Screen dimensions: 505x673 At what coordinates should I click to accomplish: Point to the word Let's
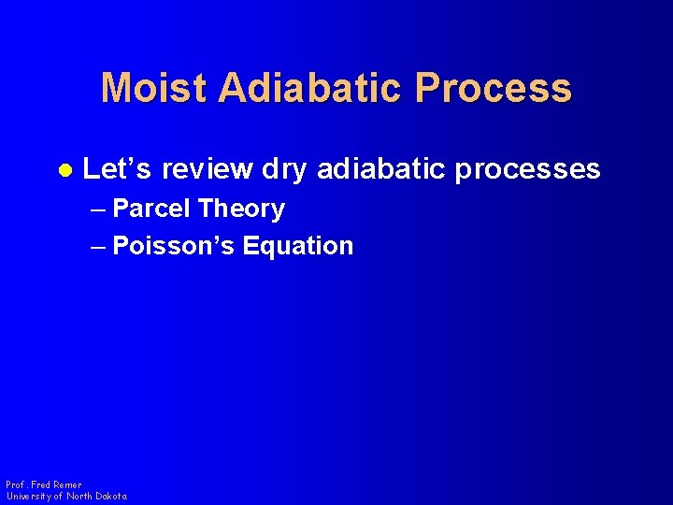tap(118, 169)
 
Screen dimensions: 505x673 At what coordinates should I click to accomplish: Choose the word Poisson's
tap(173, 246)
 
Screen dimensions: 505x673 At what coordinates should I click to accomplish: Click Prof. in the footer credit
tap(16, 484)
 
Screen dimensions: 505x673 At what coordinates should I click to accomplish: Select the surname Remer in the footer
tap(68, 484)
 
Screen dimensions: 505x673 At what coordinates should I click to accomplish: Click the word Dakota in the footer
tap(107, 496)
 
